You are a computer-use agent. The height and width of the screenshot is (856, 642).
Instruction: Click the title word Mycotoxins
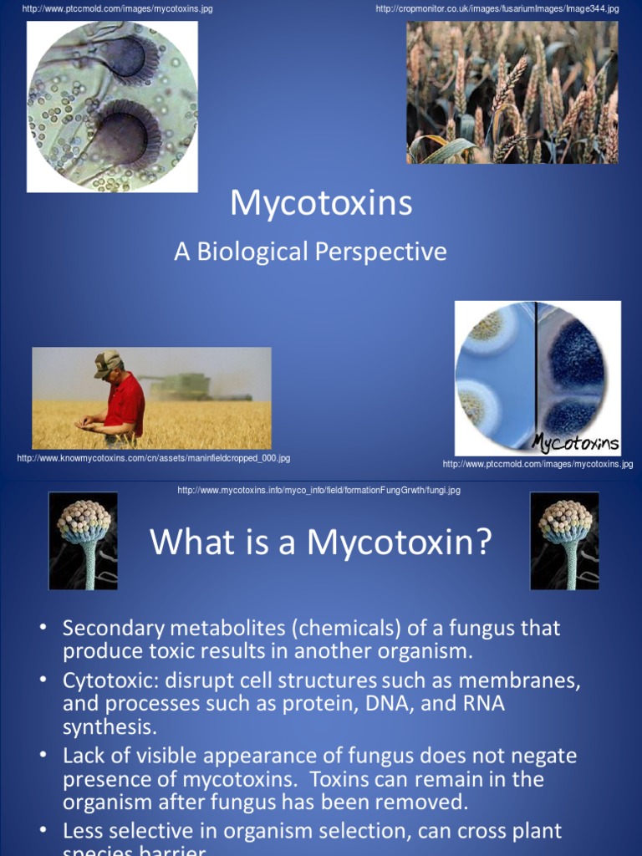click(321, 203)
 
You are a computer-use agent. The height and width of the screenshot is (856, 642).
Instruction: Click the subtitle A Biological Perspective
click(310, 252)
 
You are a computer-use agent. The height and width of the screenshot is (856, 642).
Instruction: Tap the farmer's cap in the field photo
click(106, 361)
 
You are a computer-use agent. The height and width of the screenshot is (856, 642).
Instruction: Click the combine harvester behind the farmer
click(184, 386)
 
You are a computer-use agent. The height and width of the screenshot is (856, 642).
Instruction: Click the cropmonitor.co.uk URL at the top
click(497, 8)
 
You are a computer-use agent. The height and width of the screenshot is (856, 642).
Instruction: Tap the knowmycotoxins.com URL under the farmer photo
click(154, 458)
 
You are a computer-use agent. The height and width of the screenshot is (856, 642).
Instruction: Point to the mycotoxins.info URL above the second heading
click(318, 490)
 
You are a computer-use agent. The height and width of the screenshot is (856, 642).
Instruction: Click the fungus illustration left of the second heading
click(83, 541)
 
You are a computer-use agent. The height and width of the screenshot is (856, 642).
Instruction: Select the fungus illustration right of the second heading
click(564, 541)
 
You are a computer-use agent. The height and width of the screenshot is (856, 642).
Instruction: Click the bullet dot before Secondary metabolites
click(43, 627)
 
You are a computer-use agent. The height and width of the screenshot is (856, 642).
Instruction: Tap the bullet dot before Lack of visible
click(43, 756)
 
